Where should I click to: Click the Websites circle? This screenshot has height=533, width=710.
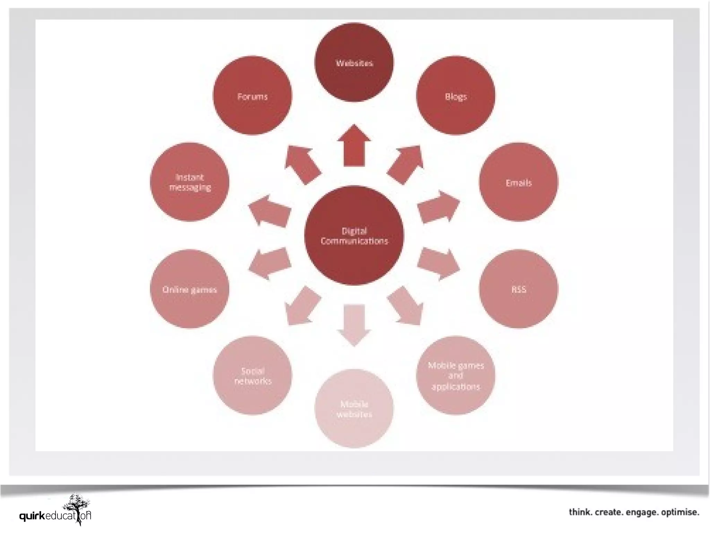(354, 62)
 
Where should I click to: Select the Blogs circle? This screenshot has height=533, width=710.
(456, 95)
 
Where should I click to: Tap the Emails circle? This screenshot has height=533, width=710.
(519, 182)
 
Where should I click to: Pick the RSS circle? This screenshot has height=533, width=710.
(519, 289)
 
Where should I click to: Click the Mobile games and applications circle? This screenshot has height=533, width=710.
(456, 375)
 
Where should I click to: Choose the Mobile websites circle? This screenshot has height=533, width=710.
(354, 408)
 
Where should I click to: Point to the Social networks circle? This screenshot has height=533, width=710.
(252, 375)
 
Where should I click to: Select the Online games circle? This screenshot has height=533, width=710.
(190, 289)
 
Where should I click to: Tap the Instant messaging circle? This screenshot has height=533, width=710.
(190, 182)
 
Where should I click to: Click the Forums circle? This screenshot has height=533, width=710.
(252, 95)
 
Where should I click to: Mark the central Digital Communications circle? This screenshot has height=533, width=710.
(354, 235)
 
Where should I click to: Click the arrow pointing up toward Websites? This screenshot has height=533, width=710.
(354, 146)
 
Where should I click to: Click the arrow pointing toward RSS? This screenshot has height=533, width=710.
(439, 264)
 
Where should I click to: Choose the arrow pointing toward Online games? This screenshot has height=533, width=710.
(269, 264)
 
